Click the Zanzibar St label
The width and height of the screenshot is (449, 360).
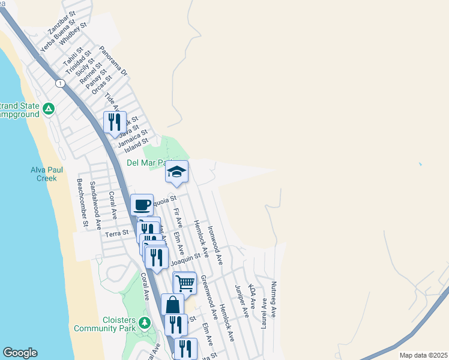pyautogui.click(x=62, y=22)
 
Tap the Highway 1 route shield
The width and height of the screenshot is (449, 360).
pyautogui.click(x=60, y=83)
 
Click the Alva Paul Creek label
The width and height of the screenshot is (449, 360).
pyautogui.click(x=44, y=174)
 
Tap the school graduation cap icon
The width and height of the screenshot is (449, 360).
pyautogui.click(x=176, y=172)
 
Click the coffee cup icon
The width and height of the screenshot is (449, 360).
pyautogui.click(x=142, y=205)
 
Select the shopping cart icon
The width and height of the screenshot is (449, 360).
pyautogui.click(x=185, y=282)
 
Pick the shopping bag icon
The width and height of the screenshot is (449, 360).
pyautogui.click(x=172, y=304)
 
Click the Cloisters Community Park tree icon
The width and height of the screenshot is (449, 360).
pyautogui.click(x=144, y=323)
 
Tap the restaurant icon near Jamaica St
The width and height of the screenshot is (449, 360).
pyautogui.click(x=114, y=122)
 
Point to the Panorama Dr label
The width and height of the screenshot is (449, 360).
pyautogui.click(x=114, y=61)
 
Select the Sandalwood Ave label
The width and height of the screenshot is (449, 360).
pyautogui.click(x=95, y=206)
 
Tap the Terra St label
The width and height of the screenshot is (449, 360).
pyautogui.click(x=116, y=233)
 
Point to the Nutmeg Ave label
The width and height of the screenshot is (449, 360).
pyautogui.click(x=274, y=299)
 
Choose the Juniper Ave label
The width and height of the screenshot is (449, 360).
pyautogui.click(x=242, y=301)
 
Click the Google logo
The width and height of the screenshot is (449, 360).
pyautogui.click(x=20, y=353)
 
